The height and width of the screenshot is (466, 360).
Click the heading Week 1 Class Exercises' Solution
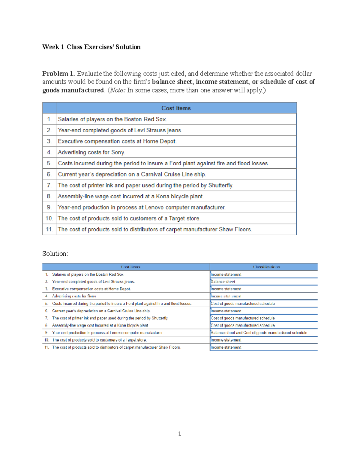tap(91, 47)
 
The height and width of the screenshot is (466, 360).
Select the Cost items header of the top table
tap(176, 108)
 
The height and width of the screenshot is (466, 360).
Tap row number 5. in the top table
tap(49, 163)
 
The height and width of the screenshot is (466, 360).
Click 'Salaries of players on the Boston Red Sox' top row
tap(112, 119)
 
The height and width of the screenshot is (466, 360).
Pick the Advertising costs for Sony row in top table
tap(91, 152)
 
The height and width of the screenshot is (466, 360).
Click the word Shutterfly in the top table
tap(220, 185)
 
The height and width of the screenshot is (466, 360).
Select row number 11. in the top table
tap(49, 230)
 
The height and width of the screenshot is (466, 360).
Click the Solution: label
tap(55, 254)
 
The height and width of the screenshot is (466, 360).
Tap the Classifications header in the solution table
tap(266, 267)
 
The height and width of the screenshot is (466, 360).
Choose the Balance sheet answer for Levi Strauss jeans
tap(223, 282)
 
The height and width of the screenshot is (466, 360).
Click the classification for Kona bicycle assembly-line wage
tap(243, 325)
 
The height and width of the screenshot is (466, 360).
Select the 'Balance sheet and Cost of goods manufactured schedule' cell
tap(259, 333)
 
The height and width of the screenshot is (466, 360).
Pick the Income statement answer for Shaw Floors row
tap(226, 347)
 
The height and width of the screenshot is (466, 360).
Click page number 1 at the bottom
tap(179, 434)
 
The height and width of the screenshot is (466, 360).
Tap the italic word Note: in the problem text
tap(117, 90)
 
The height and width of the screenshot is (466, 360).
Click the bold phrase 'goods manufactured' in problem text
tap(73, 90)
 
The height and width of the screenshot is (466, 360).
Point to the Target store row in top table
tap(129, 218)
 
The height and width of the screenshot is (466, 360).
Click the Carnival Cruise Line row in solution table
tap(101, 311)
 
